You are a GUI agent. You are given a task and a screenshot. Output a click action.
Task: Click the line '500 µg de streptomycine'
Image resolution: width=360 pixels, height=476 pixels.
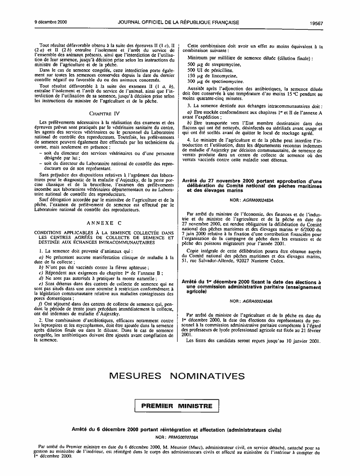point(213,64)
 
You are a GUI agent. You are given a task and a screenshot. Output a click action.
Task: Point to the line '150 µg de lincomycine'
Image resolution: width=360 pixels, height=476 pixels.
point(212,76)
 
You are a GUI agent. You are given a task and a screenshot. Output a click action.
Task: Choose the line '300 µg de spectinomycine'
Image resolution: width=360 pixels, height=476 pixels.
point(215,82)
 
